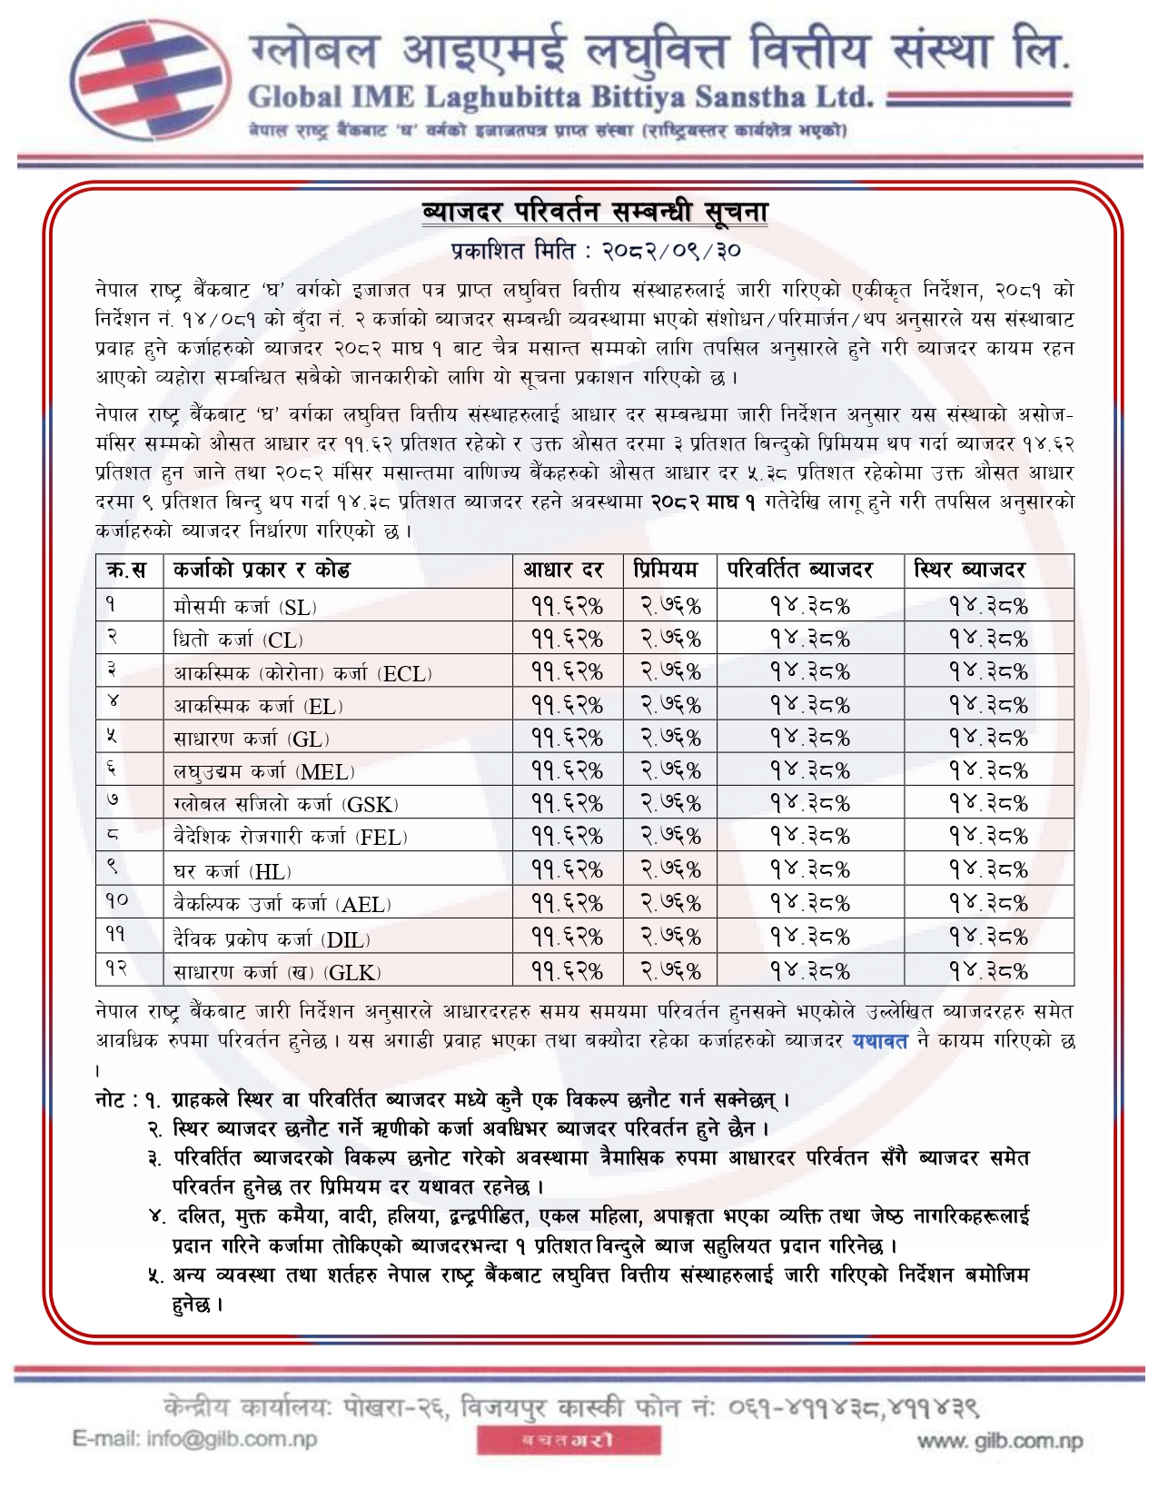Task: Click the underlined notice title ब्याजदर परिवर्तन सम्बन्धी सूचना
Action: [x=595, y=213]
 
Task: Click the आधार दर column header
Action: [x=563, y=571]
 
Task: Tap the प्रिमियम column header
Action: [x=667, y=571]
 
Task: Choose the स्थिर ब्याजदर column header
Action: [x=970, y=571]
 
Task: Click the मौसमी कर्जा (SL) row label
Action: [x=245, y=607]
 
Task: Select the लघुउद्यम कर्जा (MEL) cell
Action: [x=263, y=772]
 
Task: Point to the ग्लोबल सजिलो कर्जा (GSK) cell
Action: [x=286, y=805]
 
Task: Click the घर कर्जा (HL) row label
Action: [x=233, y=872]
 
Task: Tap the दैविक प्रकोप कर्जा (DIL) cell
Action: [x=272, y=938]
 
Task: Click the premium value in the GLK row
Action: [x=671, y=971]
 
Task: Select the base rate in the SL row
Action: [x=567, y=606]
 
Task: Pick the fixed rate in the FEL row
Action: [x=988, y=837]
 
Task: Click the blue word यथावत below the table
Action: [x=879, y=1041]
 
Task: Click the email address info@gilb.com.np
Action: [x=194, y=1439]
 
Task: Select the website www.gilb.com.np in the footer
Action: [x=999, y=1441]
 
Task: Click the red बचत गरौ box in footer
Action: [x=569, y=1441]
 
